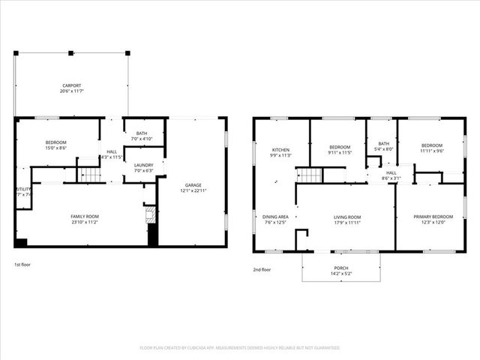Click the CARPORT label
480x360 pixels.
(71, 86)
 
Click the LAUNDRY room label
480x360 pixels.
(143, 165)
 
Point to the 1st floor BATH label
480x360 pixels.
(141, 133)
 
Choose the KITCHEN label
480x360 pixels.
(280, 150)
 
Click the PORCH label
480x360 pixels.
(341, 268)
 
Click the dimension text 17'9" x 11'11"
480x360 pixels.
(347, 223)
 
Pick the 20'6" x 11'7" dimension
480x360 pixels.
(71, 91)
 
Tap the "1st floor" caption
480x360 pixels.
(22, 265)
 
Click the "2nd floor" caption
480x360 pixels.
(262, 268)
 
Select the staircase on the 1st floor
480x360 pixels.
(90, 175)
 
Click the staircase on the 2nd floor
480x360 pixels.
(310, 175)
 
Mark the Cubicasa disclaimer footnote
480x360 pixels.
(240, 347)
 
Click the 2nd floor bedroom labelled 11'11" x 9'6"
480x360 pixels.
(431, 148)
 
